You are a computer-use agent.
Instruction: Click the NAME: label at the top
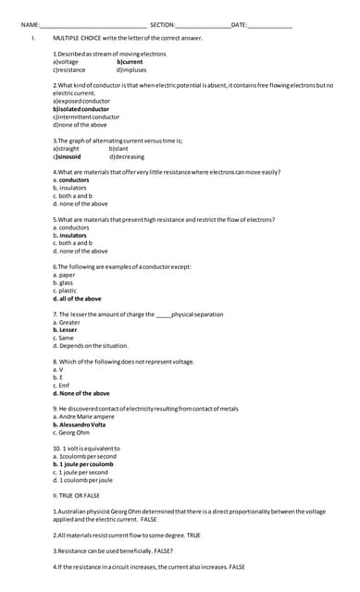29,24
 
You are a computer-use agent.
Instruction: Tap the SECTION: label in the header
162,24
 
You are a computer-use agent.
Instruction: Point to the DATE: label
239,24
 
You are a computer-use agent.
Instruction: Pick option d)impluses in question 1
131,69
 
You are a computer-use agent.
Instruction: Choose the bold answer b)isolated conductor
81,109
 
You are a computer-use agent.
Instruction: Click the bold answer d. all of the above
78,299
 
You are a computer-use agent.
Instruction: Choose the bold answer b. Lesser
66,330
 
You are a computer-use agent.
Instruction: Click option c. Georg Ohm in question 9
74,433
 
